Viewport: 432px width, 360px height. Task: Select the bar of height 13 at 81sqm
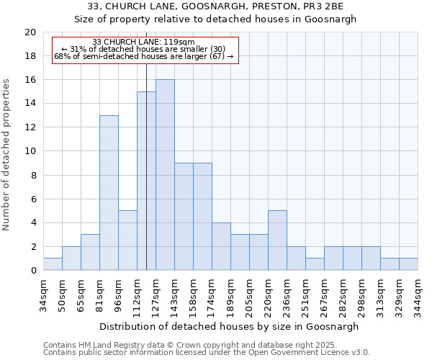109,193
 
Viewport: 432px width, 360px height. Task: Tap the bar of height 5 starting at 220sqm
277,240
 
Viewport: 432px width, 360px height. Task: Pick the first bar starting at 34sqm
53,264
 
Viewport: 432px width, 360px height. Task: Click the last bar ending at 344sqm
408,264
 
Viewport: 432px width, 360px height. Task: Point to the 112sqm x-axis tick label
137,294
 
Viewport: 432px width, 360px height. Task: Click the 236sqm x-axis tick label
287,294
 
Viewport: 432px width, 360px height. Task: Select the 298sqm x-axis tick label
361,294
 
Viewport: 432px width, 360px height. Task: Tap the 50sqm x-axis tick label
62,294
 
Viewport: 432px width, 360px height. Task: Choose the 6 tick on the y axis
32,199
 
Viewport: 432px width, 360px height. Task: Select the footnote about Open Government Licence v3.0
207,353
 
